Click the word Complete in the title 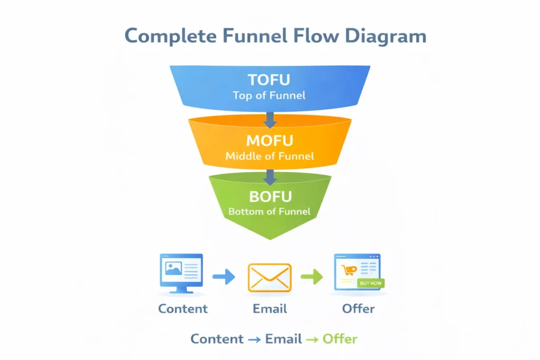170,36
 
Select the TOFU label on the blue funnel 269,80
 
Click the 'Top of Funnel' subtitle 269,96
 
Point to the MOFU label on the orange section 269,141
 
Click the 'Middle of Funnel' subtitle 269,156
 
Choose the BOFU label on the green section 269,197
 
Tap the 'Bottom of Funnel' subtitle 269,212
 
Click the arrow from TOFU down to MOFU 269,119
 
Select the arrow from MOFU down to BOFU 269,177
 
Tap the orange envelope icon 269,277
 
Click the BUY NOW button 371,283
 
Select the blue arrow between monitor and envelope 224,277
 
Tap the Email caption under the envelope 269,308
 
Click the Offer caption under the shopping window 358,308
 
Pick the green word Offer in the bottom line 340,339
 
